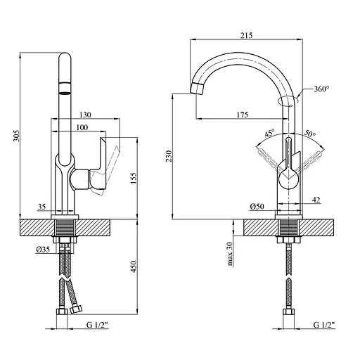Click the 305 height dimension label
coord(16,136)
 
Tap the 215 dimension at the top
coord(246,35)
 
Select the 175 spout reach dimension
coord(242,115)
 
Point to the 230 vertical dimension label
coord(169,156)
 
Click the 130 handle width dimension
coord(85,115)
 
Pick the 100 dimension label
coord(82,127)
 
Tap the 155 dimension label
coord(133,178)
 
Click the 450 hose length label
coord(133,266)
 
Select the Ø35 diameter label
coord(43,250)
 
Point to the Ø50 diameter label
coord(257,207)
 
